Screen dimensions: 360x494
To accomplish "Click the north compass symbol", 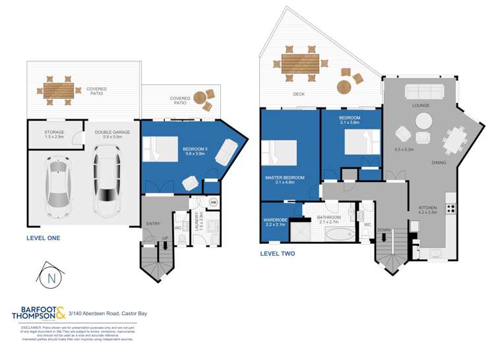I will coord(51,277).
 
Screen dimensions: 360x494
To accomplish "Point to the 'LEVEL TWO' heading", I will coord(278,253).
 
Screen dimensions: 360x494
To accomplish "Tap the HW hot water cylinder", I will coord(212,203).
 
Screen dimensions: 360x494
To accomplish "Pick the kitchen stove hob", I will coord(452,209).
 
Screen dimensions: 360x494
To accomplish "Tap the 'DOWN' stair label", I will coord(384,230).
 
